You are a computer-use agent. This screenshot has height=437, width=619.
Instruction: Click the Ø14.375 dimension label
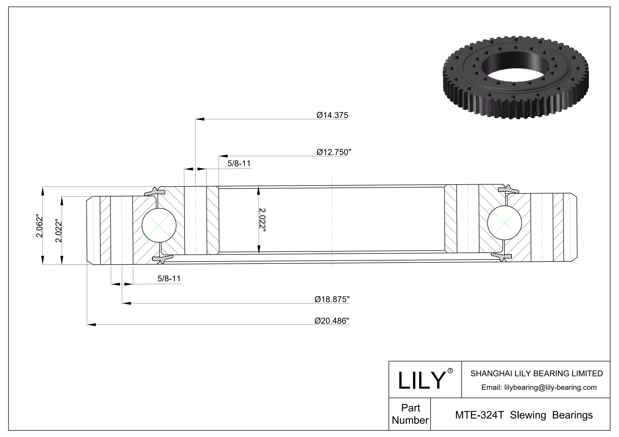click(x=332, y=115)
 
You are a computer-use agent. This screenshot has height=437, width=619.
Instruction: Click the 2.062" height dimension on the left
click(x=39, y=226)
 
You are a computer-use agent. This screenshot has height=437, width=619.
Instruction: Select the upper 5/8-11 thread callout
click(x=239, y=164)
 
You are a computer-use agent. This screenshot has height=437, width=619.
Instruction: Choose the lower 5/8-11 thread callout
click(x=169, y=279)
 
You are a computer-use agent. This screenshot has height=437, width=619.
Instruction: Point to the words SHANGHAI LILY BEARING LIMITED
click(x=536, y=373)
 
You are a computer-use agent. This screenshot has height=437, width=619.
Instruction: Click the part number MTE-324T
click(x=479, y=415)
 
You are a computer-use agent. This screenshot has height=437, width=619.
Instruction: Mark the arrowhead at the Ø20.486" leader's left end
click(x=91, y=325)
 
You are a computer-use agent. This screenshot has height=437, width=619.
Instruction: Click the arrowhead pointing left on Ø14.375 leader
click(x=199, y=119)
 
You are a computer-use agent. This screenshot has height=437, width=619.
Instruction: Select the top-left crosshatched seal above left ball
click(x=155, y=192)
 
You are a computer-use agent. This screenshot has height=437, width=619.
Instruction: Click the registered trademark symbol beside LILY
click(x=450, y=371)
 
